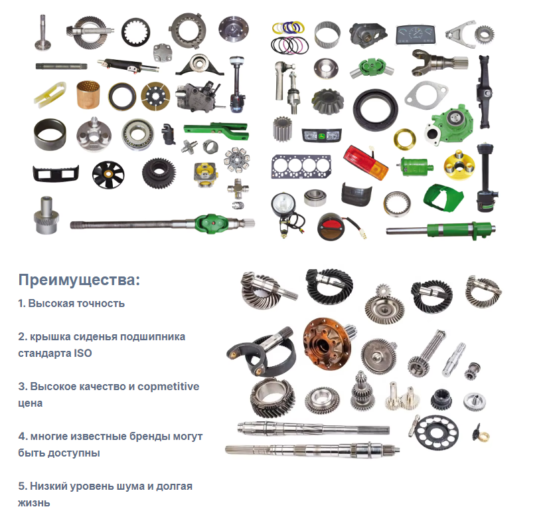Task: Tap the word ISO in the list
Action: click(83, 353)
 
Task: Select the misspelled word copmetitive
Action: click(168, 387)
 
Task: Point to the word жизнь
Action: click(34, 503)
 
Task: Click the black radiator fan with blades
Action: click(108, 175)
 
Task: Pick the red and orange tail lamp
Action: click(366, 163)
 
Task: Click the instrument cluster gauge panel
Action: click(416, 35)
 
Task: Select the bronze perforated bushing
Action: click(88, 94)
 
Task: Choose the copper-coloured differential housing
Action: click(328, 344)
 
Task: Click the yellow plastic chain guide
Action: click(50, 94)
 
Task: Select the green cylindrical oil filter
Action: click(416, 166)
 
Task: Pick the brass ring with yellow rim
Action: click(405, 138)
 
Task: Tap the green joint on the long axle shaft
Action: click(210, 224)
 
